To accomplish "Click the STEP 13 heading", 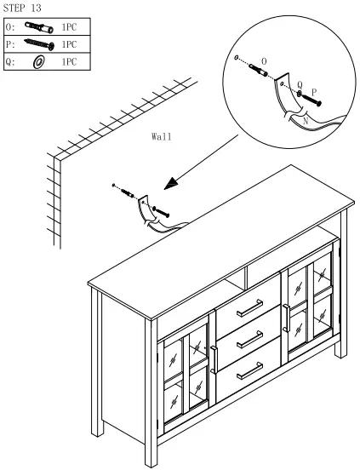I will pos(25,8).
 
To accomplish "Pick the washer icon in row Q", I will pos(37,62).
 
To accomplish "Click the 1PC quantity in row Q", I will pos(69,62).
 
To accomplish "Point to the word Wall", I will pos(162,136).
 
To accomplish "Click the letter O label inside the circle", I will pos(263,61).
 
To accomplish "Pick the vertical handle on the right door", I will pos(287,316).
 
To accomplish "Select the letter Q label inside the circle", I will pos(300,83).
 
